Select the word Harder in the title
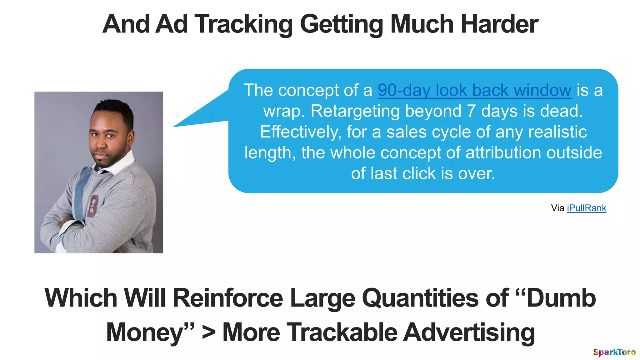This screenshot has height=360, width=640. click(x=499, y=24)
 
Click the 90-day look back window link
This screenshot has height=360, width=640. click(x=474, y=91)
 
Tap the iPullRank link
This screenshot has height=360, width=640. click(x=586, y=208)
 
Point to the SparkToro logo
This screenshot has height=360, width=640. click(x=614, y=352)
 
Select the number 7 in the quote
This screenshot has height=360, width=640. click(x=472, y=111)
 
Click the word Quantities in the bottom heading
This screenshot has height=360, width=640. click(x=420, y=298)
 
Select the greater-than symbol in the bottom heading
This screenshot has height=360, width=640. click(x=208, y=332)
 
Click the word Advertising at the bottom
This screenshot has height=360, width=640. click(x=469, y=332)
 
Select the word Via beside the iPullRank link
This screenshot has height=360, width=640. click(x=557, y=208)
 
